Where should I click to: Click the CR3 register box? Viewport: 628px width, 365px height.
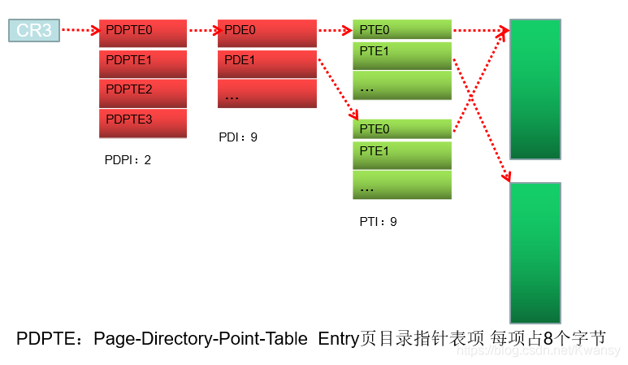tap(33, 31)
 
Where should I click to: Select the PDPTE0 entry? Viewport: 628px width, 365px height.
tap(143, 33)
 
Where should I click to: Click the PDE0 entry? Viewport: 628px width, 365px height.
tap(266, 33)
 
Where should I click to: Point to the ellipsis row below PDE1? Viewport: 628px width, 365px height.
tap(266, 94)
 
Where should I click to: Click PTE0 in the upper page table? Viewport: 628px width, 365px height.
tap(401, 30)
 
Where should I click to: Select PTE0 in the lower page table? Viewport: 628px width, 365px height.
tap(401, 129)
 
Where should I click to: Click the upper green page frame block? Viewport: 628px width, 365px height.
tap(535, 89)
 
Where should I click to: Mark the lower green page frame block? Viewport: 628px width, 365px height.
tap(535, 252)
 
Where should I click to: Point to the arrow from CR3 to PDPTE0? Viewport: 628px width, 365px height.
tap(80, 31)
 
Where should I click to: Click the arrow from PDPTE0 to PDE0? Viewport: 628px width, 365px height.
tap(202, 31)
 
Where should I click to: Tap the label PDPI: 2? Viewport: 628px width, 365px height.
tap(128, 160)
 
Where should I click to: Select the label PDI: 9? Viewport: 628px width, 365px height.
tap(238, 137)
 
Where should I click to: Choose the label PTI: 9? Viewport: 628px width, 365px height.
tap(378, 221)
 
